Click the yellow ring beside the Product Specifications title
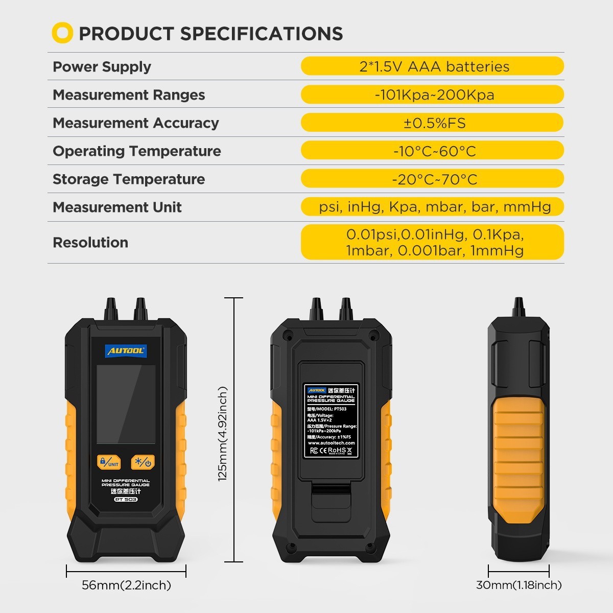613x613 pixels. [62, 33]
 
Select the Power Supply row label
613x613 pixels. [102, 67]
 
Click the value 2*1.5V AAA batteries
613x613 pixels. [434, 66]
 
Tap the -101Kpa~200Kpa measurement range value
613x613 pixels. [434, 95]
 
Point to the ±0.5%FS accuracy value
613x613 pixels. [434, 123]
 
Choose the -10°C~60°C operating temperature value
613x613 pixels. [434, 151]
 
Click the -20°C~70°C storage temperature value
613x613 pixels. [434, 179]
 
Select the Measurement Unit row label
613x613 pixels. [117, 207]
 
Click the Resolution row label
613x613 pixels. [90, 243]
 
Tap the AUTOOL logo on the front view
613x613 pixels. [126, 351]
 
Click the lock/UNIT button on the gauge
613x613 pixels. [109, 463]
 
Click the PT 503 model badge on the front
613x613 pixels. [126, 500]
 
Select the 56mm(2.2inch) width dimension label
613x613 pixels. [126, 585]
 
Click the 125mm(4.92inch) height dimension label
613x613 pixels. [223, 434]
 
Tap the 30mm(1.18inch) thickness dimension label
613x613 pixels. [518, 585]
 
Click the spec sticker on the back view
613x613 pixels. [331, 420]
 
